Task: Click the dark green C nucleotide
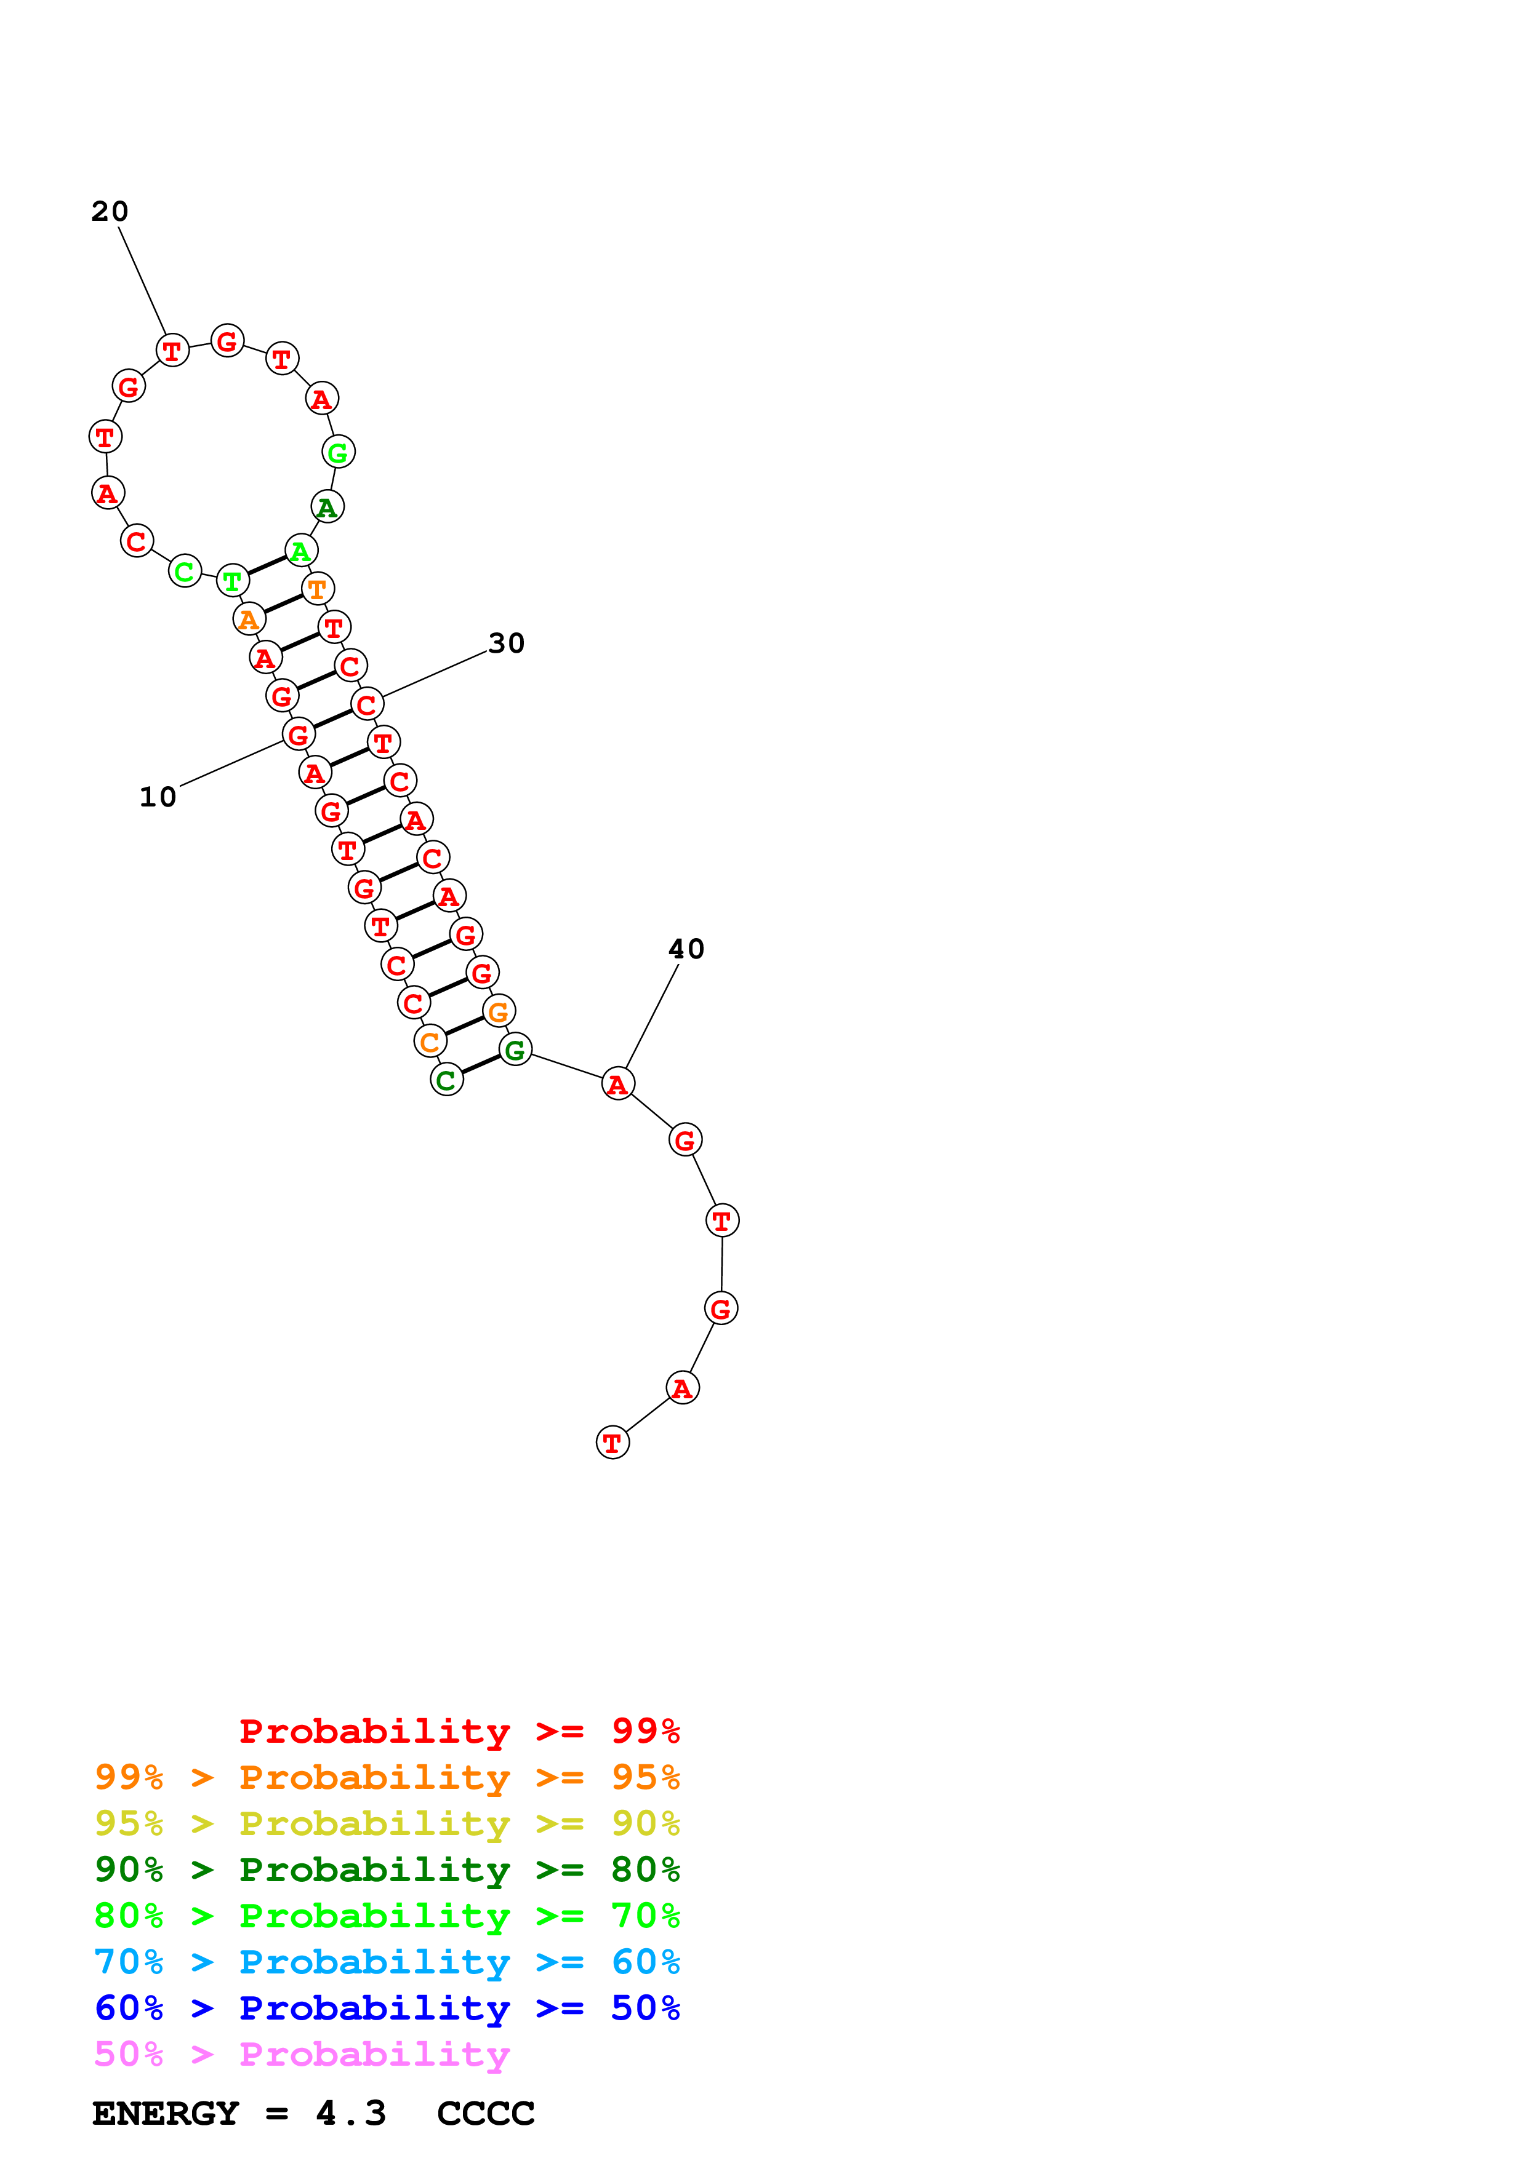coord(447,1080)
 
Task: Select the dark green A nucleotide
coord(327,508)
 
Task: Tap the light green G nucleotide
coord(339,452)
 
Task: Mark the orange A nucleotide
coord(249,619)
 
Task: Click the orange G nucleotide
coord(499,1011)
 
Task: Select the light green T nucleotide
coord(232,581)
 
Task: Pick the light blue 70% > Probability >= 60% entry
coord(387,1962)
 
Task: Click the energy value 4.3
coord(351,2114)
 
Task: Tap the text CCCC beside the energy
coord(485,2114)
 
